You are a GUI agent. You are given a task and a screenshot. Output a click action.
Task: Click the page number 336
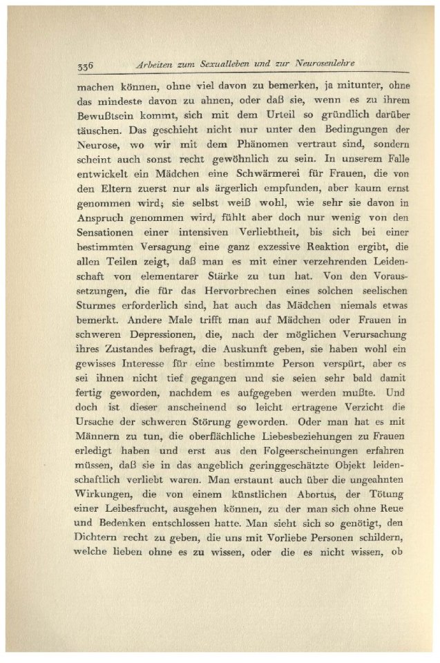tap(85, 66)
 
